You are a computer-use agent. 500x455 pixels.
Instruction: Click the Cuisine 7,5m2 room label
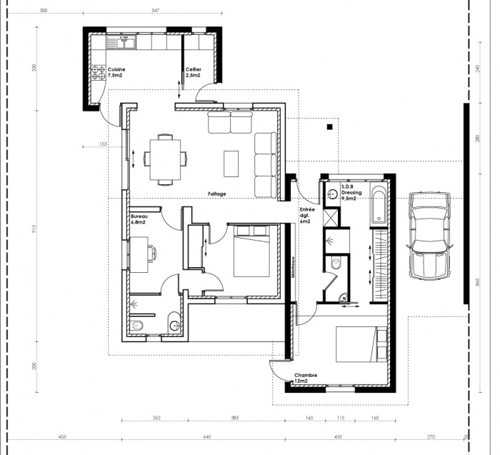pos(115,72)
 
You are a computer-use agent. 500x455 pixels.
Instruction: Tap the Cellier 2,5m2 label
pos(194,72)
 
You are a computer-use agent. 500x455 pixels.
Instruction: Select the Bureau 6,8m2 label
pos(138,219)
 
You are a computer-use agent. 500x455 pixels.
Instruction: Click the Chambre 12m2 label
pos(305,378)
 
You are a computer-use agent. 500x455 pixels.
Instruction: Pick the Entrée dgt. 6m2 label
pos(306,214)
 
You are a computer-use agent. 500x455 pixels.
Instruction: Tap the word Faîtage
pos(217,194)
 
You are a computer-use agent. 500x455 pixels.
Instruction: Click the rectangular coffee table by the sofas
pos(232,163)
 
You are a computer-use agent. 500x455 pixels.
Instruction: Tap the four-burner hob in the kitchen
pos(99,72)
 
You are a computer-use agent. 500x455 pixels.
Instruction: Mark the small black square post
pos(329,127)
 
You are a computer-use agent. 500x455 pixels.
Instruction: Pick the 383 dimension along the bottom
pos(234,417)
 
